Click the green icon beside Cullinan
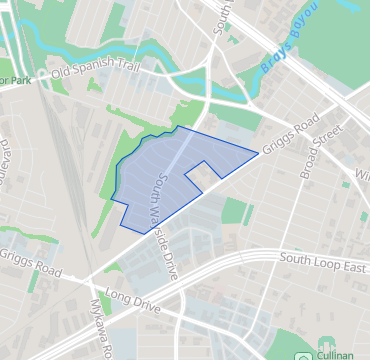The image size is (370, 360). point(302,356)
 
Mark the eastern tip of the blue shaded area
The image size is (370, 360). point(257,153)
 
